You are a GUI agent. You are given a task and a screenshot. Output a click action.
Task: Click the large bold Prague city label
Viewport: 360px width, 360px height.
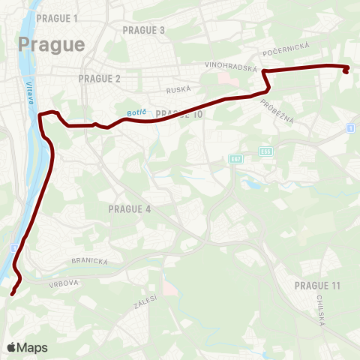click(x=51, y=43)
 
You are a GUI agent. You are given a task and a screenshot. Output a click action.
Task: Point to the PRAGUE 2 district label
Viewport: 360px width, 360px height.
click(x=99, y=78)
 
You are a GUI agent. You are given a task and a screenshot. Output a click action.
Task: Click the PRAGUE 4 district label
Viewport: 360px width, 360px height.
click(x=130, y=208)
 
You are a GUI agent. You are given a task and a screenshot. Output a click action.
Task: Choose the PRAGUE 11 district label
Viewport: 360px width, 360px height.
click(x=317, y=286)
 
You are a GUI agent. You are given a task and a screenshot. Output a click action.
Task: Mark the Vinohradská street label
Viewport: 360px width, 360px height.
click(x=231, y=66)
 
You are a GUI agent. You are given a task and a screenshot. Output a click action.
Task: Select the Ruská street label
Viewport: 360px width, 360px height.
click(x=178, y=89)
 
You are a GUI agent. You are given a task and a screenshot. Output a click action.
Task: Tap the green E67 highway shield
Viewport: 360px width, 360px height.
click(x=236, y=159)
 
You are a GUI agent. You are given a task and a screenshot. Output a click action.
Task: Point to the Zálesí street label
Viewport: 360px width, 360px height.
click(x=146, y=301)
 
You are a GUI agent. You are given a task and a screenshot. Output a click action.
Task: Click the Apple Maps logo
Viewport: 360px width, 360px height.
click(x=27, y=347)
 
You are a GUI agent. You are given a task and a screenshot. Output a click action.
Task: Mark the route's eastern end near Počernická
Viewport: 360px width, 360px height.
click(x=346, y=71)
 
